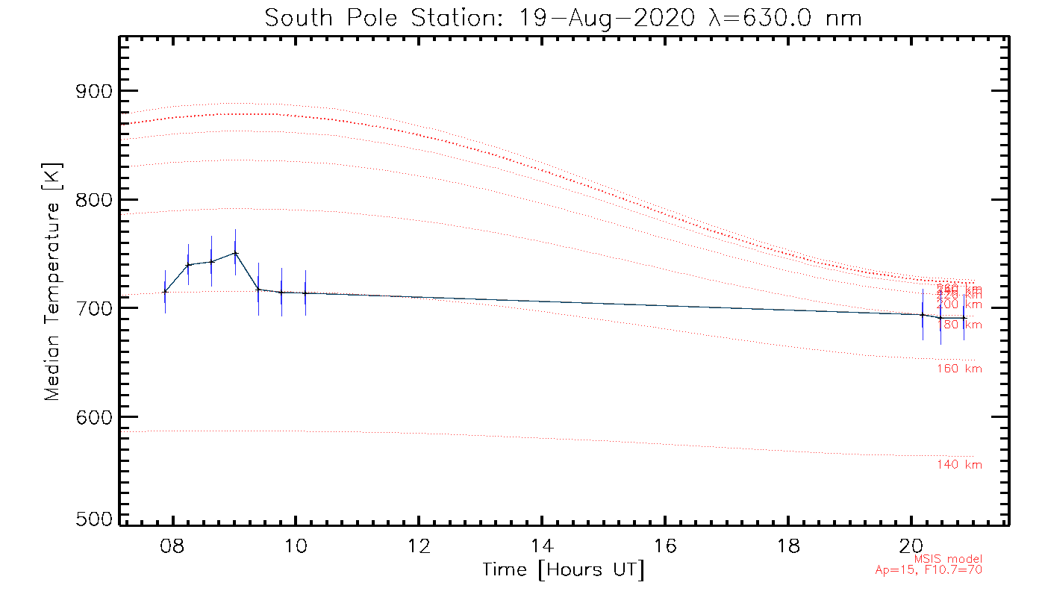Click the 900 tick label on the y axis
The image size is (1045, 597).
93,91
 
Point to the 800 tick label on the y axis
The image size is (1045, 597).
93,200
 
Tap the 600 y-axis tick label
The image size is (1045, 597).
93,416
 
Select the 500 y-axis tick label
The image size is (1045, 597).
93,519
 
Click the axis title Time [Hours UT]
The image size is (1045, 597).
564,570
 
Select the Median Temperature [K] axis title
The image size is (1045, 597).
52,282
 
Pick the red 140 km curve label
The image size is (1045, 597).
959,465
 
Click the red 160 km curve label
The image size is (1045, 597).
959,369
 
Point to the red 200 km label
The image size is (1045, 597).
959,304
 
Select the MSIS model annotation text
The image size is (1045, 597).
948,559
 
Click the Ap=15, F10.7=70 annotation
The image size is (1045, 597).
929,570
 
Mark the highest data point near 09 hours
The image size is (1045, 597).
235,252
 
